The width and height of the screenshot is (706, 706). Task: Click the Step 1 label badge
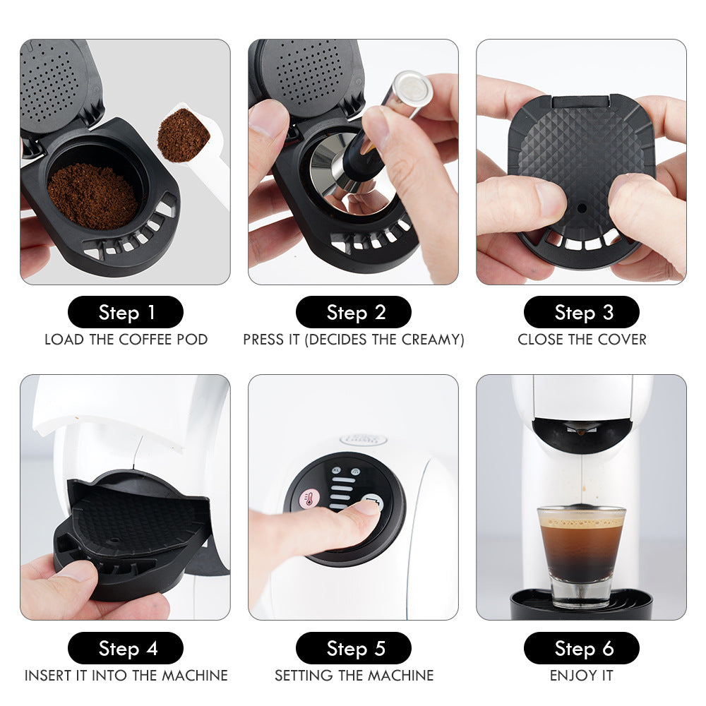click(126, 312)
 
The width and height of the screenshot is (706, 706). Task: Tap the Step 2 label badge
click(354, 312)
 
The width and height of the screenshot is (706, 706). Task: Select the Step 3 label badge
click(581, 312)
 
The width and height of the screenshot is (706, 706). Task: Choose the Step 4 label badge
click(126, 648)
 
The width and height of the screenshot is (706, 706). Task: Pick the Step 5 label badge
click(354, 648)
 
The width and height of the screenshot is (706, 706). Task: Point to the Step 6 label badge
click(581, 648)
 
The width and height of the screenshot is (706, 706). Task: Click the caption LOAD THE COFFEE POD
click(126, 340)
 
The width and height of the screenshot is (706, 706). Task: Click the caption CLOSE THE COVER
click(581, 340)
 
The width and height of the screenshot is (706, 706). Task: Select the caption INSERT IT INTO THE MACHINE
click(126, 676)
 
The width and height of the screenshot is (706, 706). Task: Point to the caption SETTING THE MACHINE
click(354, 676)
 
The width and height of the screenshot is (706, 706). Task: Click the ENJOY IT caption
click(581, 676)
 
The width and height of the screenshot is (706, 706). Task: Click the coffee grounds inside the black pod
click(92, 194)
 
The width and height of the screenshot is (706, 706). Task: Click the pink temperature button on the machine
click(309, 498)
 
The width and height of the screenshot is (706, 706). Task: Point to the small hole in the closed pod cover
click(580, 208)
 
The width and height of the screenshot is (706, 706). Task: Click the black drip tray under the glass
click(581, 606)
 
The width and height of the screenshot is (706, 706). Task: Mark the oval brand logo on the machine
click(364, 440)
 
